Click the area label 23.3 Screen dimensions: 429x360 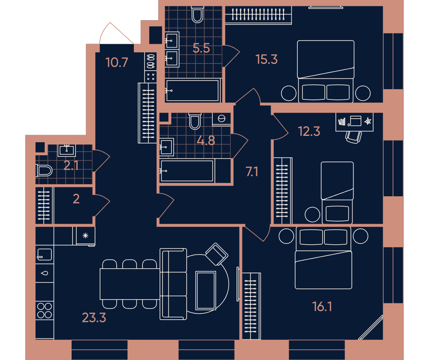[94, 318]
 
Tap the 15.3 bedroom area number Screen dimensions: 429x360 [266, 59]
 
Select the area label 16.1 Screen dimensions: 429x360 [322, 306]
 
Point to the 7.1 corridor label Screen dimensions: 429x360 [252, 172]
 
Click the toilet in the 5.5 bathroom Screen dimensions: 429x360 [197, 15]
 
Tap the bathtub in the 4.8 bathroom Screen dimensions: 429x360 [187, 171]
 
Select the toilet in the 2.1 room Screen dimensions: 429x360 [44, 171]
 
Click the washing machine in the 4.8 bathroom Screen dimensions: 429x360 [221, 119]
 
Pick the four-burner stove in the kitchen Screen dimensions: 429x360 [44, 311]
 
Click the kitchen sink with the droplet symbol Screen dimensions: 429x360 [44, 273]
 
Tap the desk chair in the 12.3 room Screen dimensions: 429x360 [353, 137]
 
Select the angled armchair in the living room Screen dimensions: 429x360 [216, 254]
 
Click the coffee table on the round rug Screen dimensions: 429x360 [206, 290]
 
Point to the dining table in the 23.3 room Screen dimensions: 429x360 [130, 284]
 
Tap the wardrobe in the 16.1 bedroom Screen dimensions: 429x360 [251, 306]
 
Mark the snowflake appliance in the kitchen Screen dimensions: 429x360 [85, 236]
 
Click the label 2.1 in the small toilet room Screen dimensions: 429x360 [71, 166]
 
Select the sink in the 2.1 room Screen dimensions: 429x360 [66, 150]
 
